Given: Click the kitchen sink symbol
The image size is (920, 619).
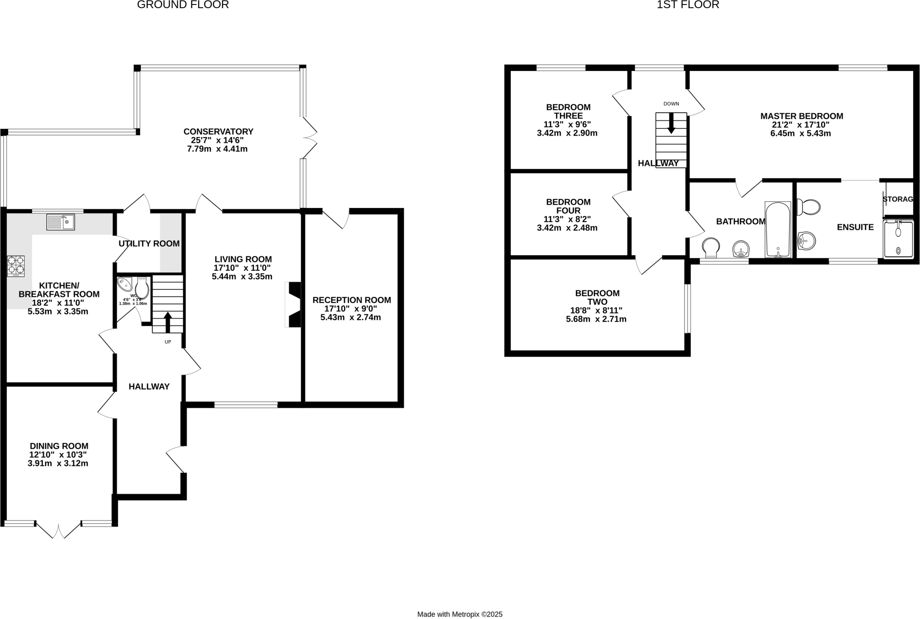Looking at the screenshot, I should coord(60,222).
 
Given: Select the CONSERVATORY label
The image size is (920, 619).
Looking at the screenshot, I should coord(218,132).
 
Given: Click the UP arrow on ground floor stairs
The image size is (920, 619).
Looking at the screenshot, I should coord(168,321).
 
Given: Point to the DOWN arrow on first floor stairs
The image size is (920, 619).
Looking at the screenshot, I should coord(671,123).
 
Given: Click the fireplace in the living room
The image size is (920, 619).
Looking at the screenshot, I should coord(293,304).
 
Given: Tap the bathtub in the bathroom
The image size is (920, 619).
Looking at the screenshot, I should coord(778,230).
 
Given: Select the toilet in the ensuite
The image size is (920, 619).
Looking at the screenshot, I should coord(809,207).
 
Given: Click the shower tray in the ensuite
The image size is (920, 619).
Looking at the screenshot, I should coord(898,239).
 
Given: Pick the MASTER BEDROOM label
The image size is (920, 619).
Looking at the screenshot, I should coord(801,116).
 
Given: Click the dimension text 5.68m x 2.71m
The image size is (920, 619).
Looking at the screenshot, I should coord(596,319).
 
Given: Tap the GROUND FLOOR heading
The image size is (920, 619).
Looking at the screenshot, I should coord(183,5).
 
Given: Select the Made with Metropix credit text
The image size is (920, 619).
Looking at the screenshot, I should coord(460,614).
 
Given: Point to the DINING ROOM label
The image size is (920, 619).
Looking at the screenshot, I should coord(59,446).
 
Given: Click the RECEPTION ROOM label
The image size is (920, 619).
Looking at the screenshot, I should coord(352,300).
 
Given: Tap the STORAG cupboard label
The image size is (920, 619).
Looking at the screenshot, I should coord(898,199).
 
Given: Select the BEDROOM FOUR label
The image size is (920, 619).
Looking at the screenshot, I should coord(568,206).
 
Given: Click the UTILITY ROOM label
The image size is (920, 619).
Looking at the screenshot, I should coord(149,243).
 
